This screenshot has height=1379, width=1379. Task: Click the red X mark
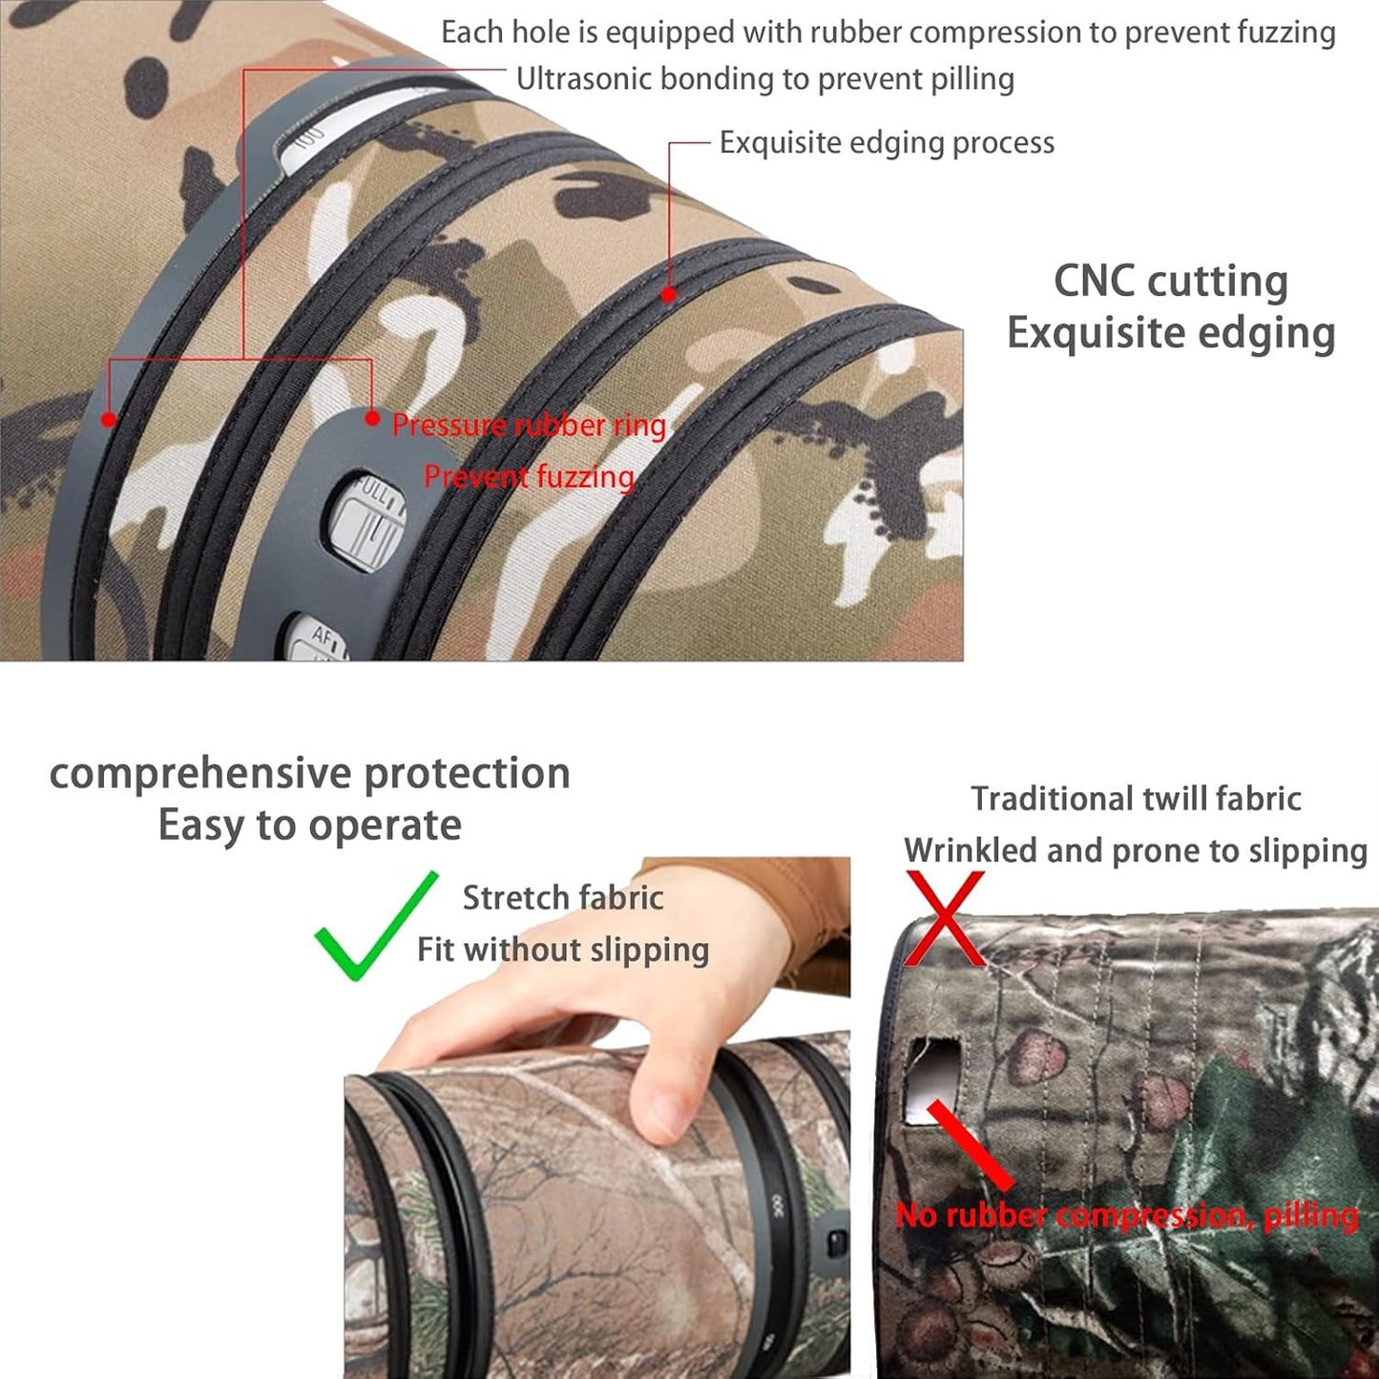944,918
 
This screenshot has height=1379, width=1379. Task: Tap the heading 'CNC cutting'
1170,282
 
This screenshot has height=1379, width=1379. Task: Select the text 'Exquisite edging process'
887,143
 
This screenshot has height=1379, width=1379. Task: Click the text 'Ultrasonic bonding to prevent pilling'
764,79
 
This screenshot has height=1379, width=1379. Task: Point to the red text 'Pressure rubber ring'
529,426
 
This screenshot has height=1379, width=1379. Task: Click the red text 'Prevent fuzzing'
529,476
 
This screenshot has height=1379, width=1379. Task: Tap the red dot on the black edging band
669,295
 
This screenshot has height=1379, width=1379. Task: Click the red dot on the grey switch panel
372,417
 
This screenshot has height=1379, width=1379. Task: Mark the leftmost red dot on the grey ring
109,419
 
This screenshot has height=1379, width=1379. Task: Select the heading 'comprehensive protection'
309,773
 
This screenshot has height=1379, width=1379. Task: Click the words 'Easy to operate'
309,825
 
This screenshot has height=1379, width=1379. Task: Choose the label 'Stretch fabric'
562,898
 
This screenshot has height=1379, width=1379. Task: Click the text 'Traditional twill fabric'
1136,799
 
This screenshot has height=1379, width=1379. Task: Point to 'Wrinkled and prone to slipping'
1136,850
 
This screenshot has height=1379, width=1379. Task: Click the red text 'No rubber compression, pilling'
1126,1215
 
